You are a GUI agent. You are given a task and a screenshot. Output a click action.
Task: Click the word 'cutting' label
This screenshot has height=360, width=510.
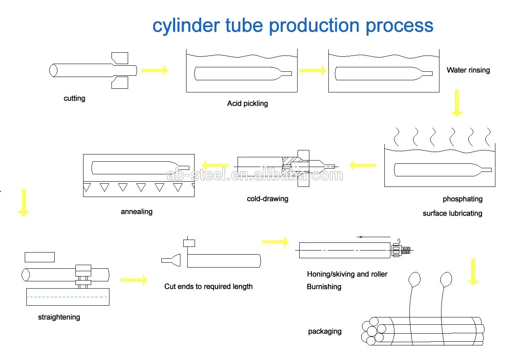[x=74, y=99]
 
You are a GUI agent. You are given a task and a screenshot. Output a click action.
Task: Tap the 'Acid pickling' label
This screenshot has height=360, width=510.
[x=247, y=103]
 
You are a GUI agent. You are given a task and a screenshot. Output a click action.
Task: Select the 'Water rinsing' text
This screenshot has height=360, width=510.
[x=468, y=70]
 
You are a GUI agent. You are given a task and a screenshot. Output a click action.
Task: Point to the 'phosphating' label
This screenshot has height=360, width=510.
[x=463, y=199]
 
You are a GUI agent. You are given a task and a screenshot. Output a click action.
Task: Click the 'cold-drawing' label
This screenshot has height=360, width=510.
[x=268, y=199]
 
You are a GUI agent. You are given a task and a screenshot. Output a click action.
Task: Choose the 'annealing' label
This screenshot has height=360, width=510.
[x=137, y=212]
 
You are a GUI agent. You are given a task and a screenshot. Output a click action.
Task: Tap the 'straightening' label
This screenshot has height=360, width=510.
[x=59, y=317]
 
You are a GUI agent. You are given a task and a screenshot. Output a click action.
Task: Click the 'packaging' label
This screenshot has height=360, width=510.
[x=325, y=331]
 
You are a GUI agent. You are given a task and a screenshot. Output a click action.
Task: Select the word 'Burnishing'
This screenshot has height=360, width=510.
[x=324, y=287]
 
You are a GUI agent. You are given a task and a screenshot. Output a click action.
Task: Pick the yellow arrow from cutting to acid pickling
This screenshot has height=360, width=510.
[x=154, y=70]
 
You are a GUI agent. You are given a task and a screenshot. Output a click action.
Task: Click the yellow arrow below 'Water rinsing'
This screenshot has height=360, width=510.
[x=457, y=103]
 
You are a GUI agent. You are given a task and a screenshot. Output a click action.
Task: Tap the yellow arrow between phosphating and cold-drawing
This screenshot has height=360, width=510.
[x=362, y=165]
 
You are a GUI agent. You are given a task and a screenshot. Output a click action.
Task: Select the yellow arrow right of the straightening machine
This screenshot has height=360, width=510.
[x=134, y=280]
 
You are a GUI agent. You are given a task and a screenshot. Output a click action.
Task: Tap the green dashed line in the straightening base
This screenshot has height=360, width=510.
[x=67, y=297]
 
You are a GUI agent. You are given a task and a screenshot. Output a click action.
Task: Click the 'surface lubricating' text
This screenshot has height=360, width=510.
[x=452, y=213]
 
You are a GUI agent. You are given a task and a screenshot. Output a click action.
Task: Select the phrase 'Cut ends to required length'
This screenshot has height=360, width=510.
[x=208, y=287]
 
